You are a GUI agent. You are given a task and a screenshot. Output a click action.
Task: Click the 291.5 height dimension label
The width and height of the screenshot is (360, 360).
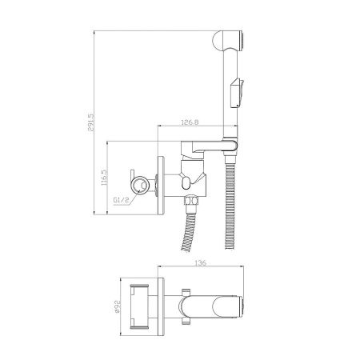pyautogui.click(x=91, y=122)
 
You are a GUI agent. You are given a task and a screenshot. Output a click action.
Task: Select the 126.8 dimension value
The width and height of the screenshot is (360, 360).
pyautogui.click(x=190, y=122)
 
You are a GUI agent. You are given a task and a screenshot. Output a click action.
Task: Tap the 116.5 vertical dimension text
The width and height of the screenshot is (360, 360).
pyautogui.click(x=104, y=178)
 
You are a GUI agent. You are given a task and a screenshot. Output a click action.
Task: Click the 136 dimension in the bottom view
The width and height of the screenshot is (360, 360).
pyautogui.click(x=201, y=263)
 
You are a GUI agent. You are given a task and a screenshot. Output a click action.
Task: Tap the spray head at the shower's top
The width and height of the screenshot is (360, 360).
pyautogui.click(x=228, y=41)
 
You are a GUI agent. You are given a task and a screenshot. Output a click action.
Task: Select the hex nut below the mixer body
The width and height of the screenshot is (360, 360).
pyautogui.click(x=191, y=200)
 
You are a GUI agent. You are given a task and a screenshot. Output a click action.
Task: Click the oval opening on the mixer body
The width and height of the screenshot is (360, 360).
pyautogui.click(x=186, y=182)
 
